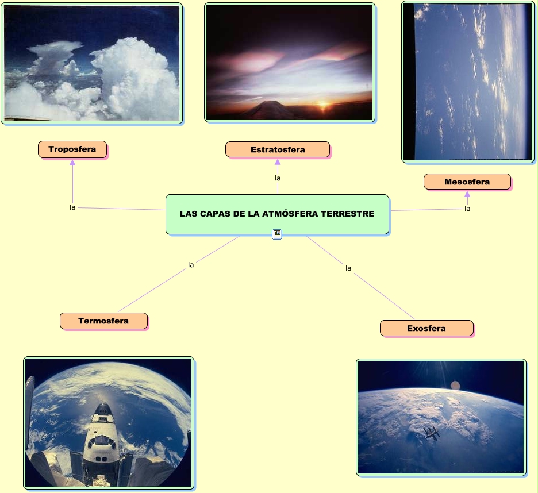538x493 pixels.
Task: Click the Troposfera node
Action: [72, 149]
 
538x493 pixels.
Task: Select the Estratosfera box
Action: [278, 149]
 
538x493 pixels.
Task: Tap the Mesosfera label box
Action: [467, 182]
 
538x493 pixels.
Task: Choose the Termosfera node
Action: [103, 321]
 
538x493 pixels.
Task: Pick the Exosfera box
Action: [426, 328]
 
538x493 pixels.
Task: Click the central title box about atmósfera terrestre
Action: [277, 214]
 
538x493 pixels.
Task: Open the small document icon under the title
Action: [277, 234]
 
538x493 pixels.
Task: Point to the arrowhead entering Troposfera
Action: [72, 163]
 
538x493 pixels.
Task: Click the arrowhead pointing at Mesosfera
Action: [467, 194]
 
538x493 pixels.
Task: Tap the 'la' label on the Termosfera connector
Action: [191, 265]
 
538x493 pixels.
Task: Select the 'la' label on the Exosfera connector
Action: [348, 268]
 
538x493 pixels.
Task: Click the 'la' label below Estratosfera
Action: [278, 178]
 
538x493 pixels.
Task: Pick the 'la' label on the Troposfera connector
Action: [72, 207]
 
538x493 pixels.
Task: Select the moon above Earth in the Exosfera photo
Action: [455, 384]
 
